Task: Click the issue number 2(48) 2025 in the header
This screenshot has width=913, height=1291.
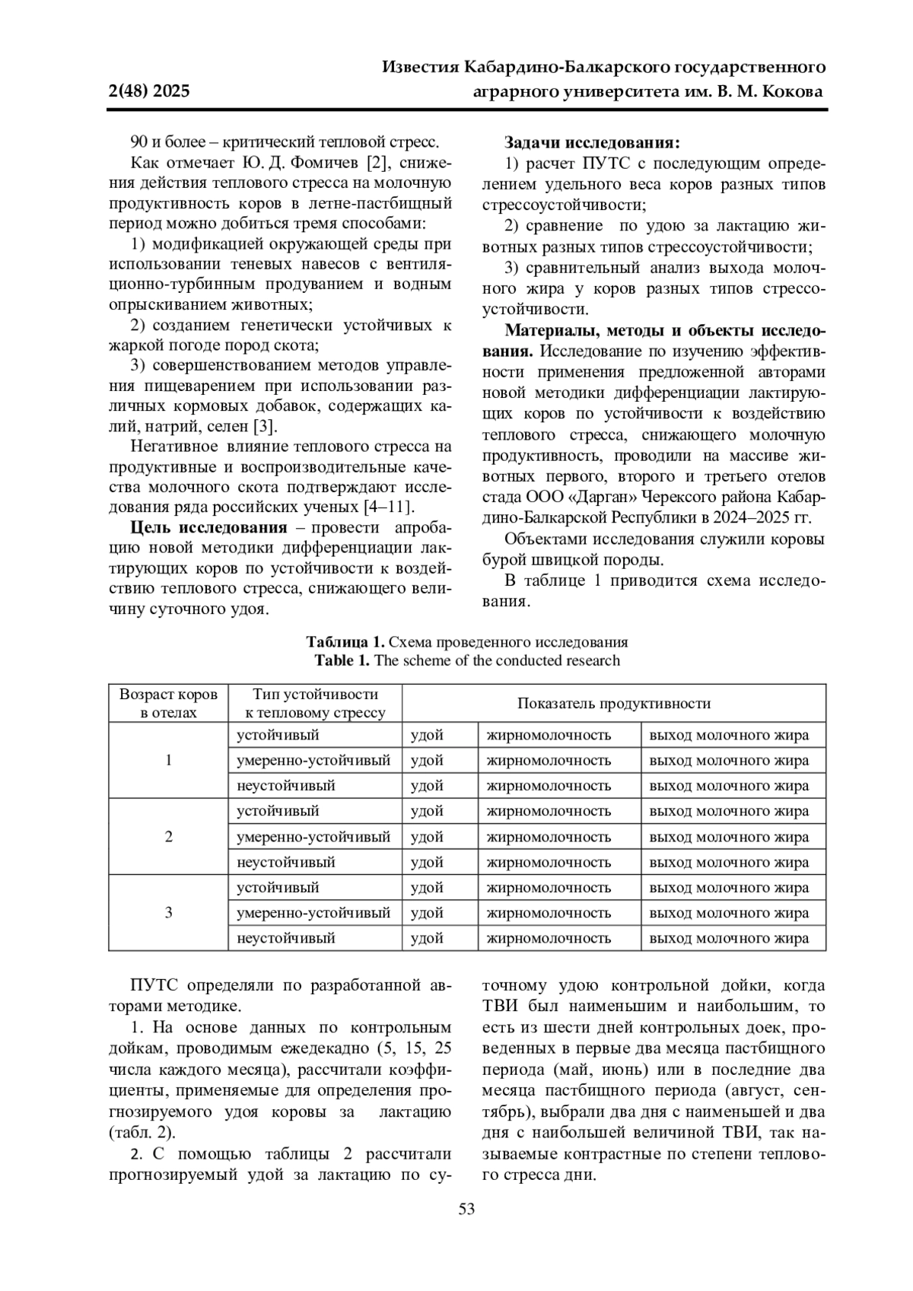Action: coord(149,92)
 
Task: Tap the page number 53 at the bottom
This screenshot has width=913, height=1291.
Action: coord(466,1209)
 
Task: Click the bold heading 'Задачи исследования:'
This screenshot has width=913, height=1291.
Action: coord(592,142)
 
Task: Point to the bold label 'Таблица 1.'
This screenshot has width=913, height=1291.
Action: coord(341,641)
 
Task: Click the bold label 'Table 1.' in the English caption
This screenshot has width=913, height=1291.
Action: coord(342,660)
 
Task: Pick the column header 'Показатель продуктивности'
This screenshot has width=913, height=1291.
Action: coord(613,703)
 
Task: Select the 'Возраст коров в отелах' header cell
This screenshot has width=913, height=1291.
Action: coord(168,703)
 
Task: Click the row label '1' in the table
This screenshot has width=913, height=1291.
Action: coord(168,760)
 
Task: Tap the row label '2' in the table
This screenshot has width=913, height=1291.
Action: coord(168,837)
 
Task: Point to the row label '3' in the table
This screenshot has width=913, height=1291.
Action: coord(168,913)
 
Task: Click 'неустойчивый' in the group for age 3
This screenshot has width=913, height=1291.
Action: coord(285,938)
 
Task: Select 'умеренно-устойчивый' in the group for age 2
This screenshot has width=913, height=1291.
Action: coord(313,837)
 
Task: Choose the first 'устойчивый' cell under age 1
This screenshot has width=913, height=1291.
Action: coord(278,735)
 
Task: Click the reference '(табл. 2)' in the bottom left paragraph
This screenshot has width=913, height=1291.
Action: coord(142,1132)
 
